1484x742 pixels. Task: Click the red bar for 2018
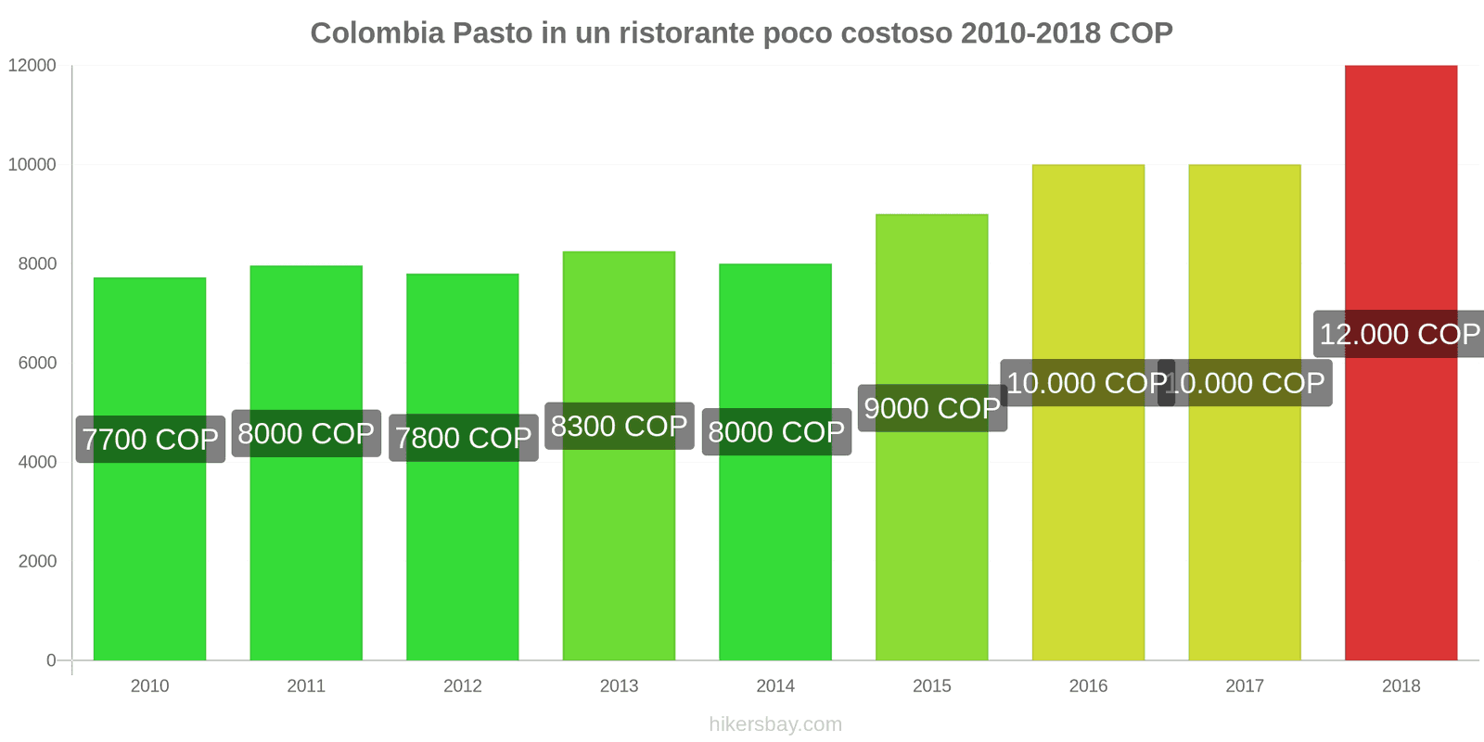tap(1401, 510)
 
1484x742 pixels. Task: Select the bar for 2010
tap(149, 556)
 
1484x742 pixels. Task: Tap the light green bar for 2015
tap(931, 538)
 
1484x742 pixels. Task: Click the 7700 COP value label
tap(150, 439)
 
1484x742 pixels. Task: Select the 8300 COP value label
tap(619, 426)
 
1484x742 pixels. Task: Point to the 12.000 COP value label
tap(1399, 334)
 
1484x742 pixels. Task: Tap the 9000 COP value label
tap(931, 408)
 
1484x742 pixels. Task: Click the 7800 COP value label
tap(463, 438)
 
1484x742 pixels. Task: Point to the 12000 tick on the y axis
tap(32, 66)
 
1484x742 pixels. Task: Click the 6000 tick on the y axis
tap(37, 363)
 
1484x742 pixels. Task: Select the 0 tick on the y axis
tap(51, 660)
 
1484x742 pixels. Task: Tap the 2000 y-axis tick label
tap(37, 561)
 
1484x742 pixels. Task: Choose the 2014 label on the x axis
tap(775, 686)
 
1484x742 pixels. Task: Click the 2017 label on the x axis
tap(1244, 686)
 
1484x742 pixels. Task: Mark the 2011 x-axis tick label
tap(306, 686)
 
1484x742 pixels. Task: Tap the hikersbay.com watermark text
tap(775, 724)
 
